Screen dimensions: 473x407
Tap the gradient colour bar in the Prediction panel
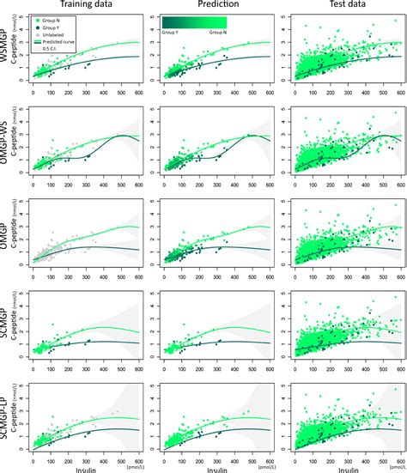click(197, 23)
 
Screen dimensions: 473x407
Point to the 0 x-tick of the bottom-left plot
click(33, 458)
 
